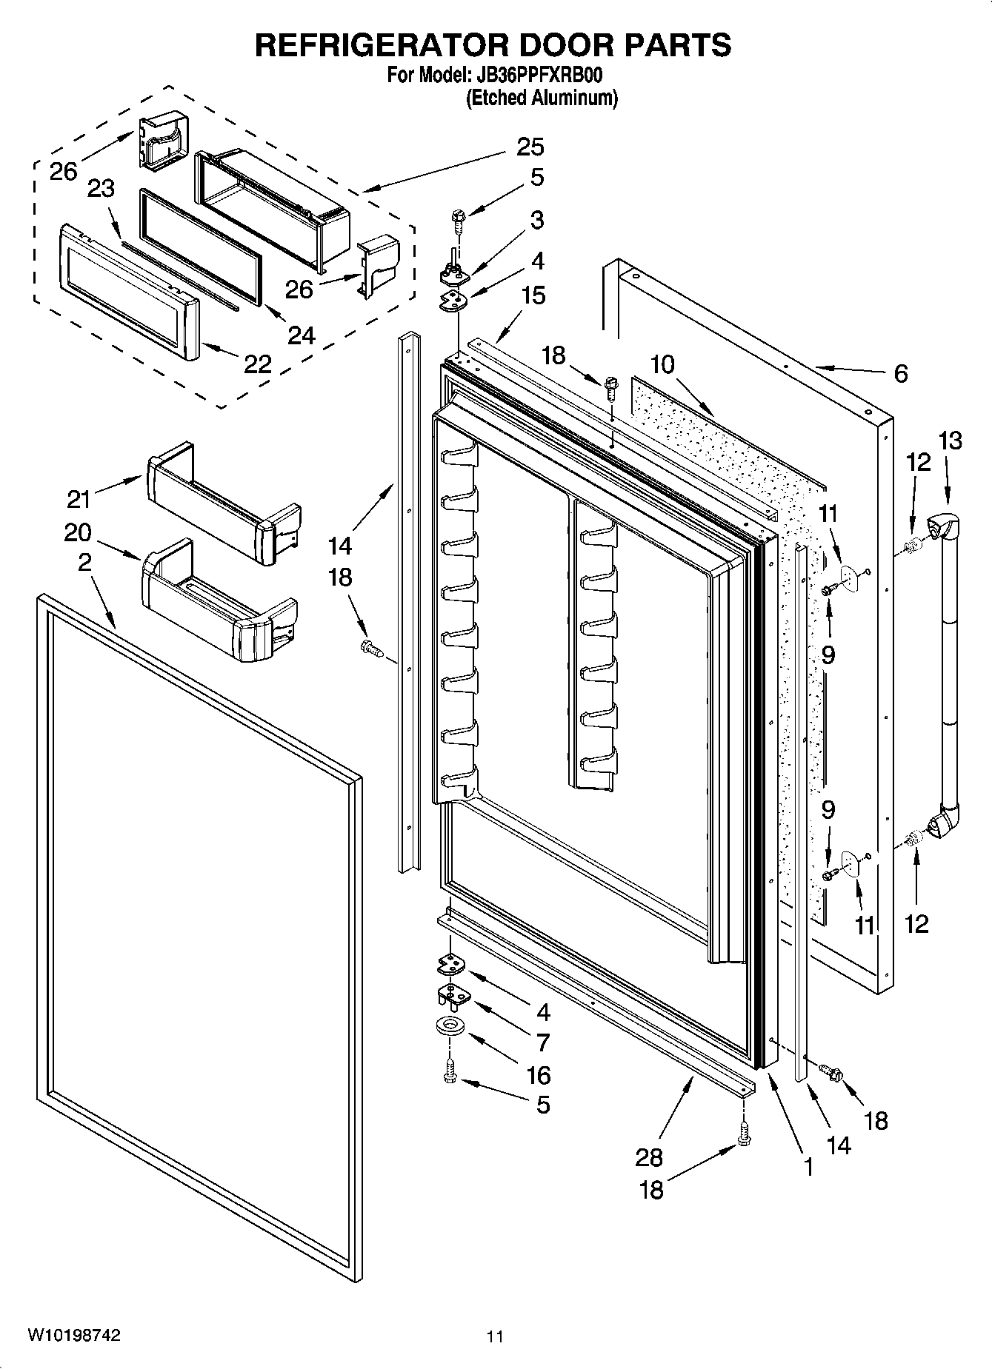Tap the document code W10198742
(74, 1334)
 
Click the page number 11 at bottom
(495, 1336)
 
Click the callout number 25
(530, 147)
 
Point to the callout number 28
(649, 1156)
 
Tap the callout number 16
(539, 1074)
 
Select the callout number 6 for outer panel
(900, 373)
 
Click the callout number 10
(662, 364)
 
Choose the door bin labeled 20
(219, 600)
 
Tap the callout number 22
(258, 364)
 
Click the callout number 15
(533, 295)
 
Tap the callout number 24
(302, 335)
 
